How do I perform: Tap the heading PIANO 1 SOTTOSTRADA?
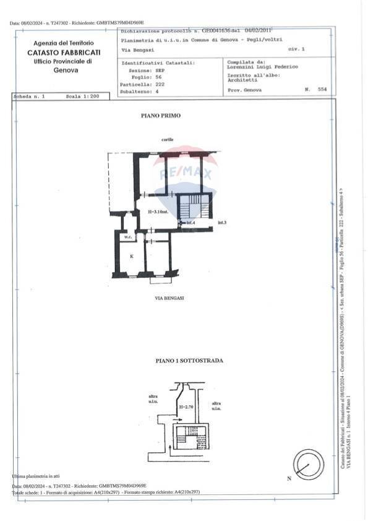coord(181,360)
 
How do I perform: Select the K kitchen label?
coord(131,255)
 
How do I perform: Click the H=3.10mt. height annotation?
coord(158,212)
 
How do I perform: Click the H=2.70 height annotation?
coord(186,408)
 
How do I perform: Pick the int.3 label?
coord(222,222)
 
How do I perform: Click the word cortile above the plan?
coord(168,140)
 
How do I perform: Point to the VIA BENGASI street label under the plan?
coord(170,298)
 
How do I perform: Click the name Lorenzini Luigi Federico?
coord(263,66)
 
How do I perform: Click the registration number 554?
coord(321,90)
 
